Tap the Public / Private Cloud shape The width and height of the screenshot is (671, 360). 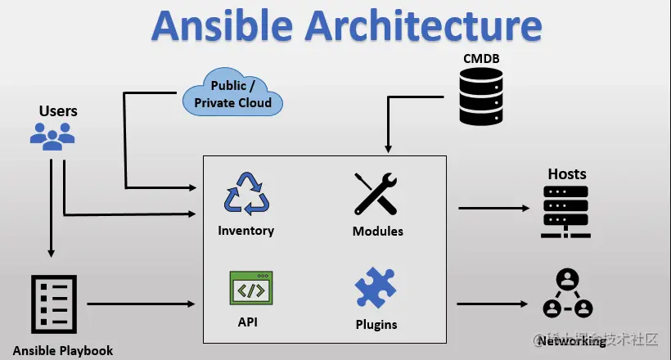click(x=232, y=93)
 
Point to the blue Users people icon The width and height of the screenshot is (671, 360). click(x=52, y=135)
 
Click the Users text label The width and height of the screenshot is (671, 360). click(x=58, y=110)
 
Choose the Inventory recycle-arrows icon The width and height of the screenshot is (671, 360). click(x=246, y=194)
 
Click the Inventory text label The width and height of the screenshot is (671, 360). click(x=245, y=231)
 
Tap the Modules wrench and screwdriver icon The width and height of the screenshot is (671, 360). click(x=376, y=194)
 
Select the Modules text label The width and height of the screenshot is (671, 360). click(x=377, y=232)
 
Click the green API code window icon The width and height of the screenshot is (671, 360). click(x=250, y=289)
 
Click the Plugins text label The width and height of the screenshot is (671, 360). click(x=376, y=324)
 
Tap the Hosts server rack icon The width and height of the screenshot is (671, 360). click(x=566, y=212)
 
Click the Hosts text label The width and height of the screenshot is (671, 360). click(x=566, y=174)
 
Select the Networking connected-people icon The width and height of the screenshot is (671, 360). click(x=567, y=294)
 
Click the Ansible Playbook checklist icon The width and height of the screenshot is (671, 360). click(x=54, y=304)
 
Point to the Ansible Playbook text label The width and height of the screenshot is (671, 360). click(x=63, y=350)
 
